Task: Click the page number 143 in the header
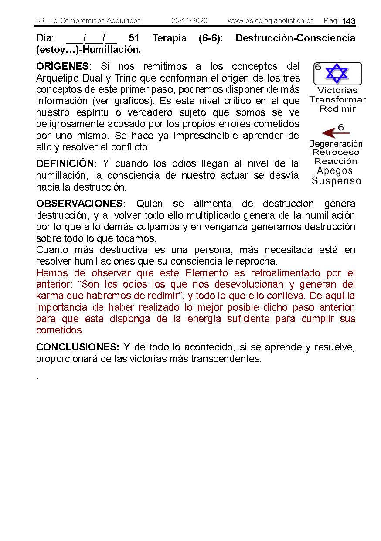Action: pos(349,21)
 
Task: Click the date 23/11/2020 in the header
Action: pos(189,21)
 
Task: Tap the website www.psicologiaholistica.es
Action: pos(270,21)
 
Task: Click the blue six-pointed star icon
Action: pos(337,73)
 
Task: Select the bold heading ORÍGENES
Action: pos(62,67)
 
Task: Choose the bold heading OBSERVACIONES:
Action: pos(81,204)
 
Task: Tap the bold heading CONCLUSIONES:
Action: pos(78,347)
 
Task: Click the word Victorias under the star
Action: pos(337,91)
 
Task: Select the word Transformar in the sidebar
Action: pos(337,100)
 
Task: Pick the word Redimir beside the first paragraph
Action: pos(337,109)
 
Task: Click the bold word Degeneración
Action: pos(336,143)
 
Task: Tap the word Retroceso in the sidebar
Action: pos(336,153)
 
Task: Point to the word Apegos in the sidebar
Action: pos(335,171)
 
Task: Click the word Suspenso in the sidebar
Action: pos(336,181)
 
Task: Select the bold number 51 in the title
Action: pos(134,38)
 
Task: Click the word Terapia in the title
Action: pos(170,38)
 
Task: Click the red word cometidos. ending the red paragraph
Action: pos(60,330)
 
